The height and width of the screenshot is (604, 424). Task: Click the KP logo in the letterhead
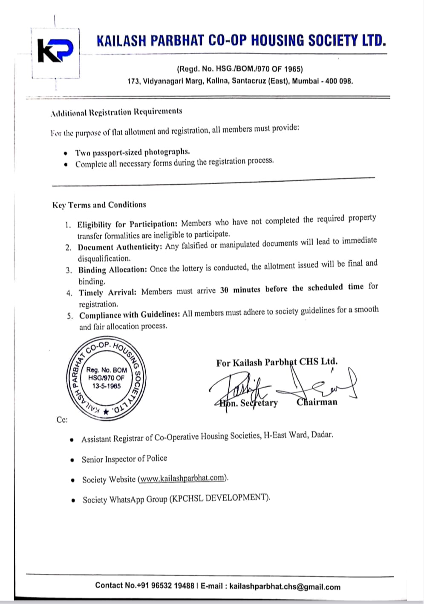tap(55, 51)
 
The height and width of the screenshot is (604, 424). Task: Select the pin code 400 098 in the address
tap(339, 81)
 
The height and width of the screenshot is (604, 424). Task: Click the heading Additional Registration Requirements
tap(116, 112)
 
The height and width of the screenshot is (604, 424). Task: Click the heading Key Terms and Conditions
tap(99, 205)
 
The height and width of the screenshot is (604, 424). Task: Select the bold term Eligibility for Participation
tap(127, 224)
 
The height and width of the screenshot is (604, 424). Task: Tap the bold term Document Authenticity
tap(119, 247)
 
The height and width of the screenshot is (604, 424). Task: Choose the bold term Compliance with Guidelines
tap(130, 315)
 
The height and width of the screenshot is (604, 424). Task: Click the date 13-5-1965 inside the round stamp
tap(107, 386)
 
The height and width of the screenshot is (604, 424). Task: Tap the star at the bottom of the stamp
tap(106, 412)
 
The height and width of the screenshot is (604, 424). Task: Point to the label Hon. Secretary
tap(248, 403)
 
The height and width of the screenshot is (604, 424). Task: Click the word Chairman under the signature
tap(317, 402)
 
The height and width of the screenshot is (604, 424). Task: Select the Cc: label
tap(62, 420)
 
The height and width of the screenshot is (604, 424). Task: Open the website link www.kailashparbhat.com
tap(182, 478)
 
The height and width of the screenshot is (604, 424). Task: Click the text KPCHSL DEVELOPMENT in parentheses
tap(219, 498)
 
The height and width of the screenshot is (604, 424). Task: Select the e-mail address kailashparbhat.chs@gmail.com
tap(285, 587)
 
